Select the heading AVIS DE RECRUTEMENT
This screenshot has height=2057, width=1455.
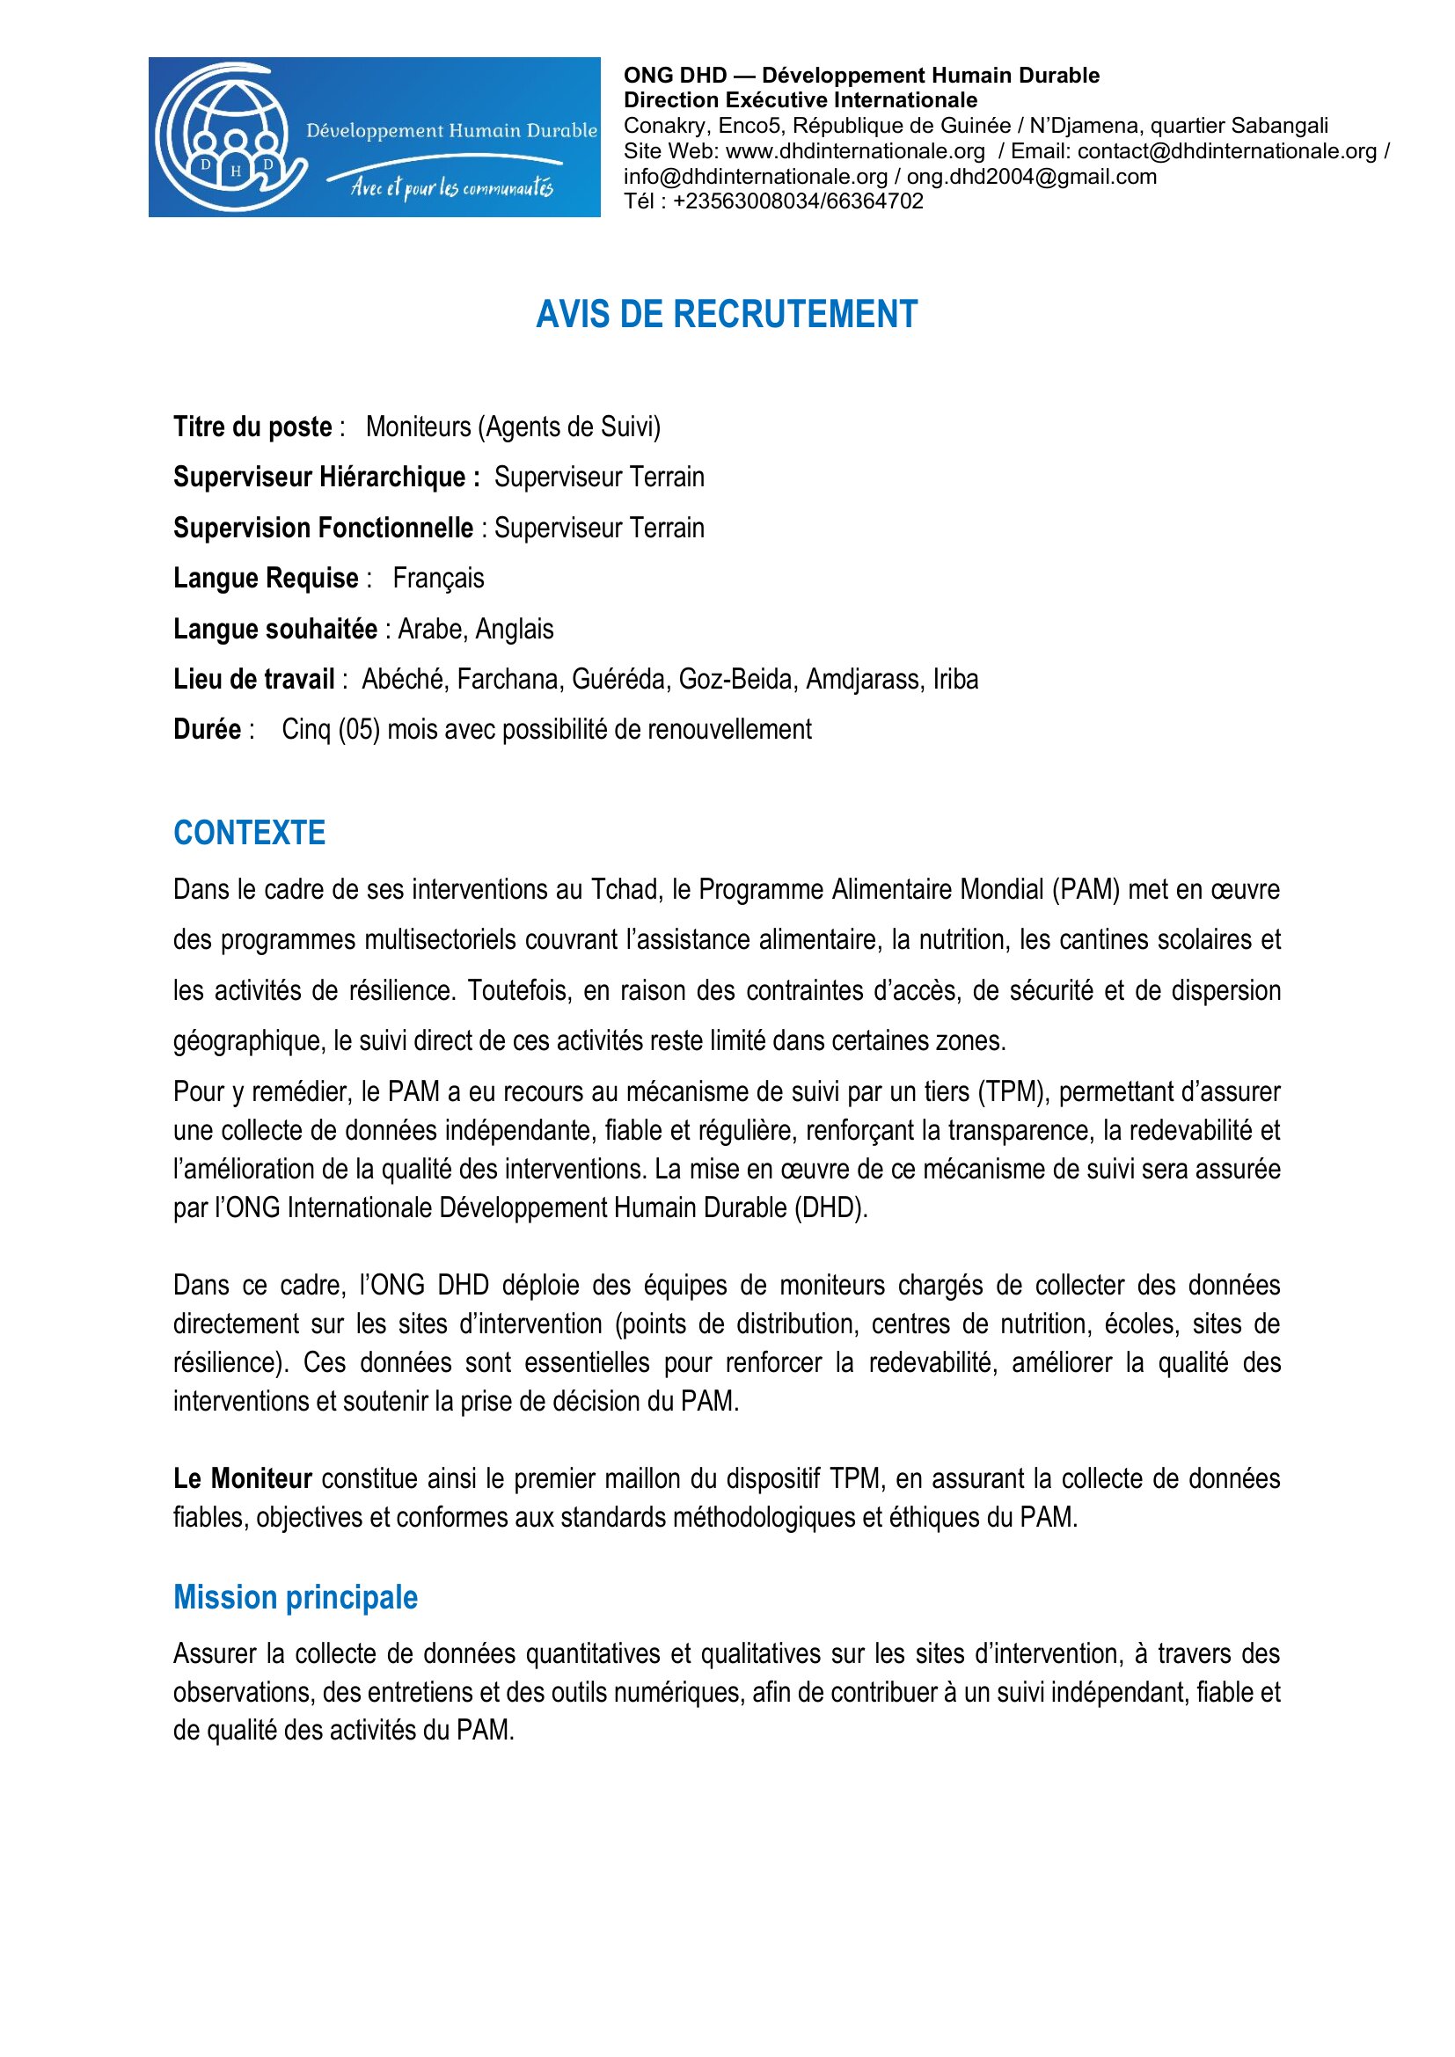(x=727, y=315)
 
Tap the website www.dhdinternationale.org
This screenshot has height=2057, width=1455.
(x=855, y=151)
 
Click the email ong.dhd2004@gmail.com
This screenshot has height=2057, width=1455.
(x=1031, y=177)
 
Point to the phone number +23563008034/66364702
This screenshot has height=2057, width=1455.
(x=797, y=201)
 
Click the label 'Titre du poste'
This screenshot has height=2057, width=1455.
(x=252, y=427)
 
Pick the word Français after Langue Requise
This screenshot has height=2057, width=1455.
(x=438, y=579)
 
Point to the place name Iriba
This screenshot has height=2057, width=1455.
(x=955, y=680)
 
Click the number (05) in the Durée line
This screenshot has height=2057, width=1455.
(x=358, y=730)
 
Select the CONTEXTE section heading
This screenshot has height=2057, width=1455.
(x=249, y=833)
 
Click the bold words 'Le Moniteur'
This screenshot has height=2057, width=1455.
(x=242, y=1479)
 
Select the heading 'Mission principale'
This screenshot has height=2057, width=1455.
(x=296, y=1597)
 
